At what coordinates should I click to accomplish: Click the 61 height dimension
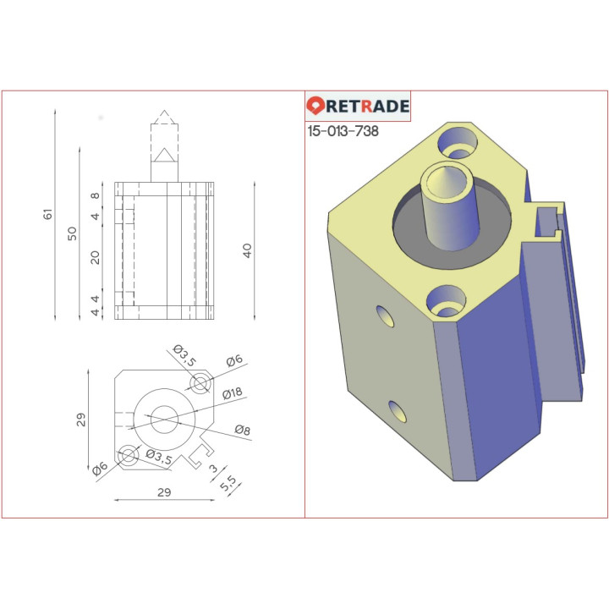[48, 215]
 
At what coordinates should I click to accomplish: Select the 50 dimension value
[73, 232]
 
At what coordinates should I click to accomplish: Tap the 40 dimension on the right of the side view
[247, 250]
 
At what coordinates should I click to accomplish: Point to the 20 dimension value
[96, 256]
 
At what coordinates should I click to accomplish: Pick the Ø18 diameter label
[233, 393]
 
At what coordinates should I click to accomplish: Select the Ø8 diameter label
[242, 430]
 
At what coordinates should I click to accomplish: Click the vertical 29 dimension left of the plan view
[81, 420]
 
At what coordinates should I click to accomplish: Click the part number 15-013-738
[343, 132]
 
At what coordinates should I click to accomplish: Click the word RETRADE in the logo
[368, 106]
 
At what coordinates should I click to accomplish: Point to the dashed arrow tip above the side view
[164, 117]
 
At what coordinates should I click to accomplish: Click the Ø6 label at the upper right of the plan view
[233, 360]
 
